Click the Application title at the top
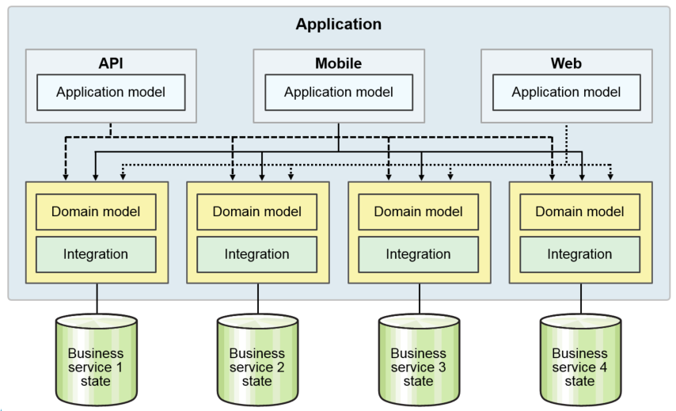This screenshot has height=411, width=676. coord(338,25)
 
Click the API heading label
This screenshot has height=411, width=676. coord(110,63)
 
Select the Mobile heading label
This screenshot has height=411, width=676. coord(338,63)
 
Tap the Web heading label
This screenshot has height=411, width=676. coord(566,63)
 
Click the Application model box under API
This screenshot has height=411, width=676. coord(111,93)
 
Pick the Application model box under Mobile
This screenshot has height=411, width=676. coord(339,93)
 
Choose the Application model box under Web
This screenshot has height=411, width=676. coord(566,93)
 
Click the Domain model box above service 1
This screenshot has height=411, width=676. coord(96,212)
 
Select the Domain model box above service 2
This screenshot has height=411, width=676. coord(257,212)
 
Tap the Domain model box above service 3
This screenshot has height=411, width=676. coord(419,212)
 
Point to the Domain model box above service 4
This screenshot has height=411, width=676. coord(580,212)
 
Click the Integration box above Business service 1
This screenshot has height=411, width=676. coord(96,254)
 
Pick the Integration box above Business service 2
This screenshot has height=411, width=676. coord(257,254)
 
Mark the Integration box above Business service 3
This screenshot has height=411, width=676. coord(419,254)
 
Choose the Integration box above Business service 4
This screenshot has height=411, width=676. coord(580,254)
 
